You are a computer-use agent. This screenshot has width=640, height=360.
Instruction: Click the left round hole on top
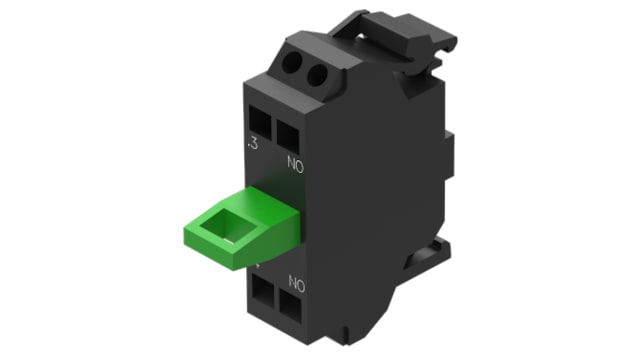293,62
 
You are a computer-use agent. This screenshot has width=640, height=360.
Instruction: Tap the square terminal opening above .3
260,123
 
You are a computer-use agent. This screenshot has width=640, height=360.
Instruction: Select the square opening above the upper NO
287,137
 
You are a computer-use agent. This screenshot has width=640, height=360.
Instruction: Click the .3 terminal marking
253,144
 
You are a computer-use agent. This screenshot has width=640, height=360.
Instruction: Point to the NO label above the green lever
296,164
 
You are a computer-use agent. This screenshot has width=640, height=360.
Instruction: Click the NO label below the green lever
297,283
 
